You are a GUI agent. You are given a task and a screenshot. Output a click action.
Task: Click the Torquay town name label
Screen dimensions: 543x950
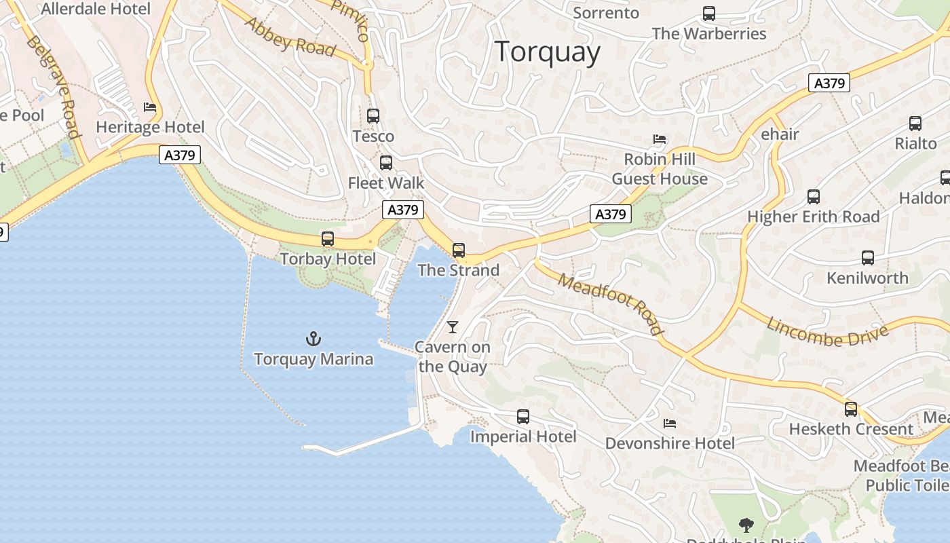(547, 52)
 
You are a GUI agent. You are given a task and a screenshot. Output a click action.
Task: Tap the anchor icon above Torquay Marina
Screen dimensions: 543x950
(313, 338)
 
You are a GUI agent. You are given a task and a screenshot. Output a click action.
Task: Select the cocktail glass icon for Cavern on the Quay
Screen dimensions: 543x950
(453, 327)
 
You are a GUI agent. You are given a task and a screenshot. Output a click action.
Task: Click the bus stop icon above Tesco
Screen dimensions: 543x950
(373, 116)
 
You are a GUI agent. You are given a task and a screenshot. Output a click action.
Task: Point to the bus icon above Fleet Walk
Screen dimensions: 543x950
(385, 163)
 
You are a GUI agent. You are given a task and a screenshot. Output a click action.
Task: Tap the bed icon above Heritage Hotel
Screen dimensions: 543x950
(150, 107)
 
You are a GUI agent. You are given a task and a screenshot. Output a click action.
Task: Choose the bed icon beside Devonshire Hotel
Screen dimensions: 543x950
(670, 424)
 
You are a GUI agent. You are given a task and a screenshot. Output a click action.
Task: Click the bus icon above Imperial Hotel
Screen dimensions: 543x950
(522, 417)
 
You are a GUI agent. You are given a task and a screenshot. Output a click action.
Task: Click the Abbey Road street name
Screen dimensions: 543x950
(290, 37)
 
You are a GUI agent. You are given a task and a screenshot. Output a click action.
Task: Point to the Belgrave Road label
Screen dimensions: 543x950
(54, 86)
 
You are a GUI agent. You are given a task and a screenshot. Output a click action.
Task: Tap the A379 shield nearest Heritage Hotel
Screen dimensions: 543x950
(180, 155)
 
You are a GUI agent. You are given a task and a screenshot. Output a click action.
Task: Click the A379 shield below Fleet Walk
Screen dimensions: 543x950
(403, 210)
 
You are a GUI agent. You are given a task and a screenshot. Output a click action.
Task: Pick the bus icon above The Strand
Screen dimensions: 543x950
(459, 250)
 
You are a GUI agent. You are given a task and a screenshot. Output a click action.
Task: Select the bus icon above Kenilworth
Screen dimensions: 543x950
(867, 258)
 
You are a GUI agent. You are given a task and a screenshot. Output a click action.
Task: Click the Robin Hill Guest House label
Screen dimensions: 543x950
(660, 169)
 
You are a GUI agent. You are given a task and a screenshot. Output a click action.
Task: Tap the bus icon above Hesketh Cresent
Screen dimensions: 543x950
(851, 409)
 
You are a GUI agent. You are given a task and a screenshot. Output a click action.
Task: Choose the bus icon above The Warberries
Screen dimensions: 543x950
(709, 14)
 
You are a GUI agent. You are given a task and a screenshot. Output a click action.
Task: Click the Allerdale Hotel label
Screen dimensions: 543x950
(96, 9)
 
